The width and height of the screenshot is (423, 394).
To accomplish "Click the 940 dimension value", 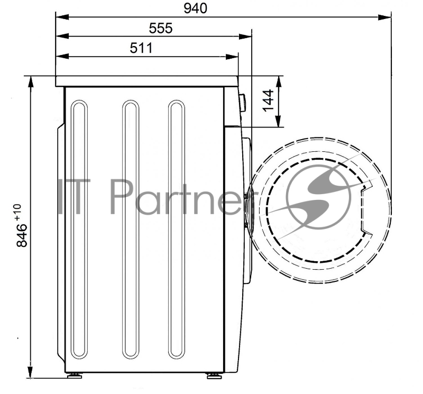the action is [x=195, y=8].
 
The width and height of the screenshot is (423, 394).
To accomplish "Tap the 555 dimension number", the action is [x=161, y=29].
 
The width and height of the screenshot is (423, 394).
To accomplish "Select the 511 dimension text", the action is [x=141, y=48].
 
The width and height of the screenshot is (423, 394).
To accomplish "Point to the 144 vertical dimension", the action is [x=268, y=100].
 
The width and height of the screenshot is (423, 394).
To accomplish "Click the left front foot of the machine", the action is [x=75, y=375].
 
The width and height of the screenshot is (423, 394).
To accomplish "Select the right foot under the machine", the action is [x=215, y=375].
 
